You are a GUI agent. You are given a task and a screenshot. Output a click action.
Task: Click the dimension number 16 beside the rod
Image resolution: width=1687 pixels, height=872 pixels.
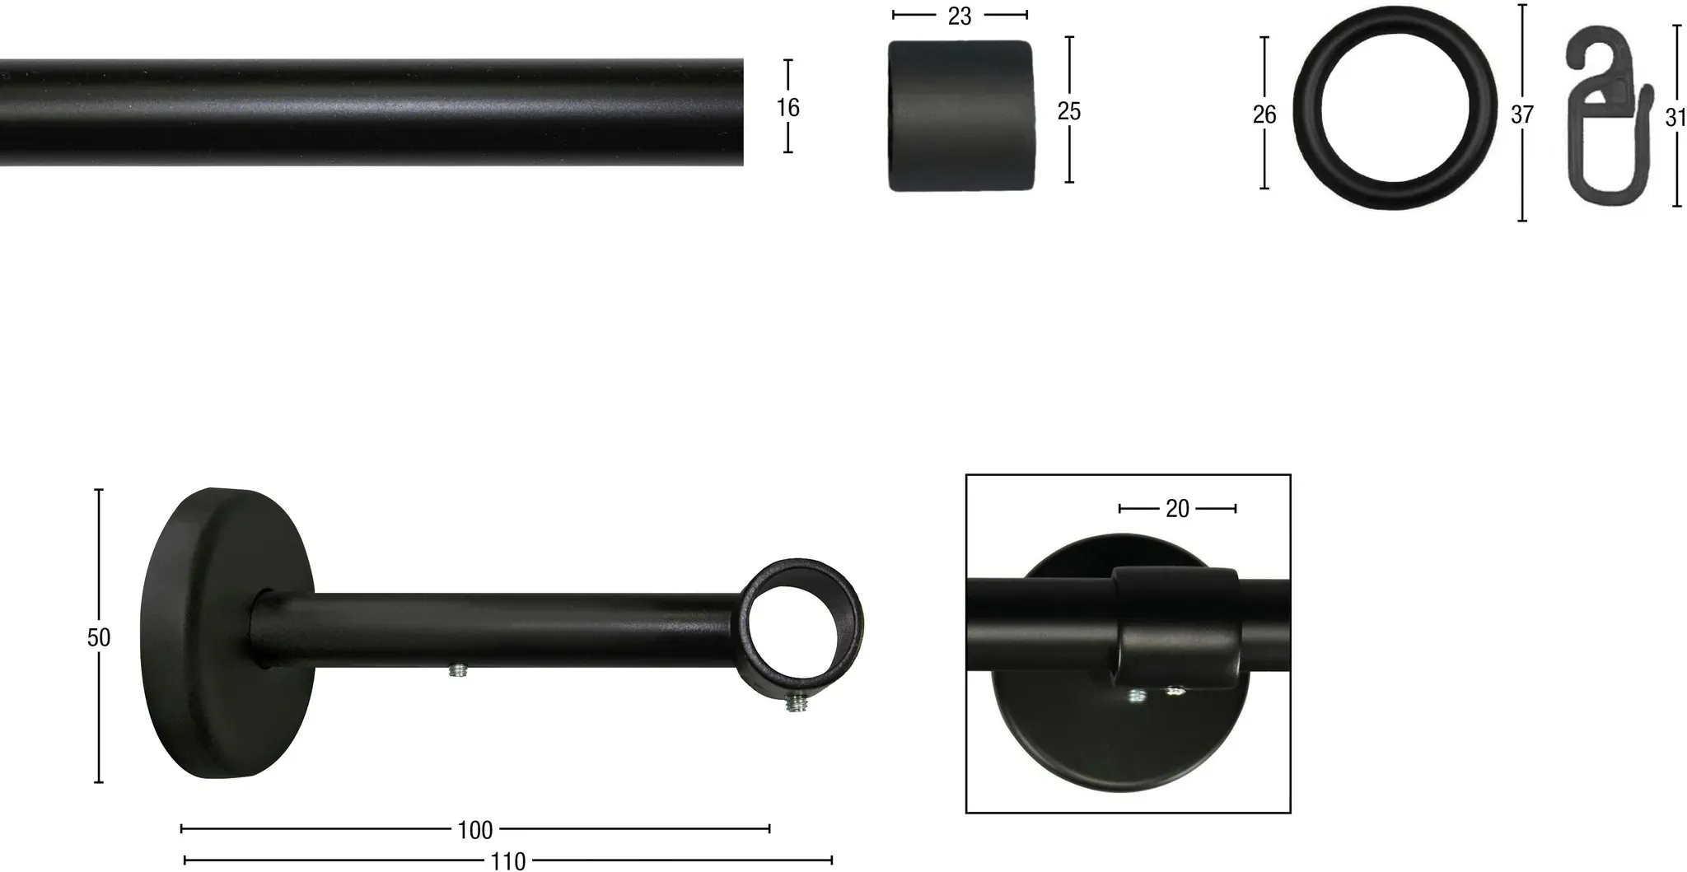(787, 107)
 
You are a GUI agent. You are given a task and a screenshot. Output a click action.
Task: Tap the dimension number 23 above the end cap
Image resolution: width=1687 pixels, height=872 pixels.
(960, 16)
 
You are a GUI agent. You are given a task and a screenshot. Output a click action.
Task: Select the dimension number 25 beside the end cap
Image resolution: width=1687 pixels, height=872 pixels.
(1069, 111)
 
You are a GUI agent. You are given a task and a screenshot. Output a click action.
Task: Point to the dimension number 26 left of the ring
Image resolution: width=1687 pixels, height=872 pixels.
(1264, 114)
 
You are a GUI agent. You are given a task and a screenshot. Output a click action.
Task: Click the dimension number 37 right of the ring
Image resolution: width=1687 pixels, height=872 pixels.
(1522, 114)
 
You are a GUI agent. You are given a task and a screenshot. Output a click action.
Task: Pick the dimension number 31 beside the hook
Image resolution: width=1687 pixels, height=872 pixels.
(1675, 118)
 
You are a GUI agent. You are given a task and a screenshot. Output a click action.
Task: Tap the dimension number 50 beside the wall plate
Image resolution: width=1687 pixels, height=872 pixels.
(99, 637)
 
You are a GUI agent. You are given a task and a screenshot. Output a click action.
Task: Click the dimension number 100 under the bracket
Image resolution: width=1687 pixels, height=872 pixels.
(475, 830)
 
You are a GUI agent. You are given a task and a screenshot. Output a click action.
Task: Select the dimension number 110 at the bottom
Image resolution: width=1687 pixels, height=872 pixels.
(507, 861)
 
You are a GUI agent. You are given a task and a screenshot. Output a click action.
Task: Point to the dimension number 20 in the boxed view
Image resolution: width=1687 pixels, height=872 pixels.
(1177, 509)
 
